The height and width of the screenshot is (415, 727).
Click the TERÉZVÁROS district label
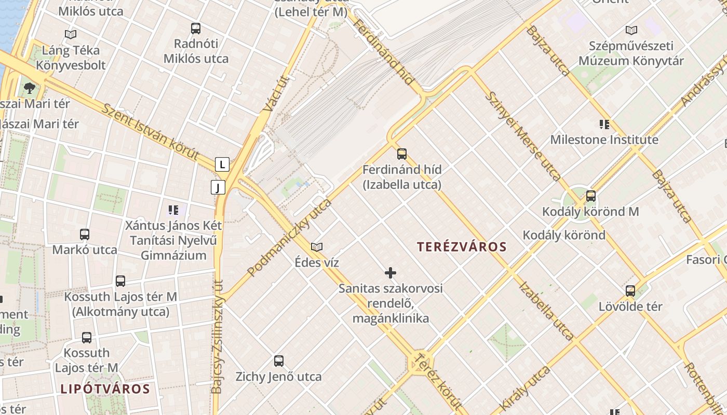coord(461,247)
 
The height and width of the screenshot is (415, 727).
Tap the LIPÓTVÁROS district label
coord(105,389)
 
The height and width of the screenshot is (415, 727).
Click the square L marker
coord(222,165)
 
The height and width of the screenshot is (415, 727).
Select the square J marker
coord(218,187)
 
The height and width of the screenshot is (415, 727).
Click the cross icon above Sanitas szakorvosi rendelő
coord(391,273)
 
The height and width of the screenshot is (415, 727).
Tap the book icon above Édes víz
coord(317,247)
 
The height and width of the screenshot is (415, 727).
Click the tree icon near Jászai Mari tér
coord(30,88)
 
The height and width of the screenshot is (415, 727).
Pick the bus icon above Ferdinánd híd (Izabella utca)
coord(402,154)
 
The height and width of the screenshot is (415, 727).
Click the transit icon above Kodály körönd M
coord(590,196)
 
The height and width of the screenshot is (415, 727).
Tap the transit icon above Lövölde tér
coord(630,291)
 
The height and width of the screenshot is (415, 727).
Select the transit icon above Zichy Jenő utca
coord(279,361)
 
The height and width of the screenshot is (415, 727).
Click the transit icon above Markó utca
coord(85,234)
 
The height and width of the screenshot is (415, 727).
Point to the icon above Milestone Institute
coord(604,125)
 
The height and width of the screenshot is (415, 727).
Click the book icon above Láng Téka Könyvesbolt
coord(71,35)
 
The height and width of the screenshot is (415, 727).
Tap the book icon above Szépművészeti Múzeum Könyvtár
coord(631,31)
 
